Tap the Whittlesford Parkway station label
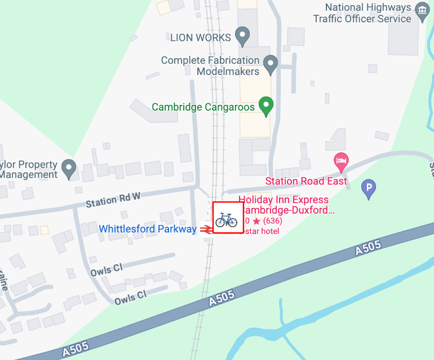(x=148, y=229)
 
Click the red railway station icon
(x=206, y=229)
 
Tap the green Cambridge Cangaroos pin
(x=266, y=106)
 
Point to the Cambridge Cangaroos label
(x=204, y=107)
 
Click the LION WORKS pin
(x=243, y=37)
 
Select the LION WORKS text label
(x=201, y=38)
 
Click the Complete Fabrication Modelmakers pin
(x=271, y=65)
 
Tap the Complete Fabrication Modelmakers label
(x=210, y=66)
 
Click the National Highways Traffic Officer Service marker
(x=422, y=11)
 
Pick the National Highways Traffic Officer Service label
(x=362, y=13)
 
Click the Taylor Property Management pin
(x=69, y=168)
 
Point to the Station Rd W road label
(x=112, y=200)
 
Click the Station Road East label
(x=303, y=181)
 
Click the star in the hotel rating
(x=256, y=221)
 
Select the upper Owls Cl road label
(x=107, y=270)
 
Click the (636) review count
(x=273, y=221)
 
